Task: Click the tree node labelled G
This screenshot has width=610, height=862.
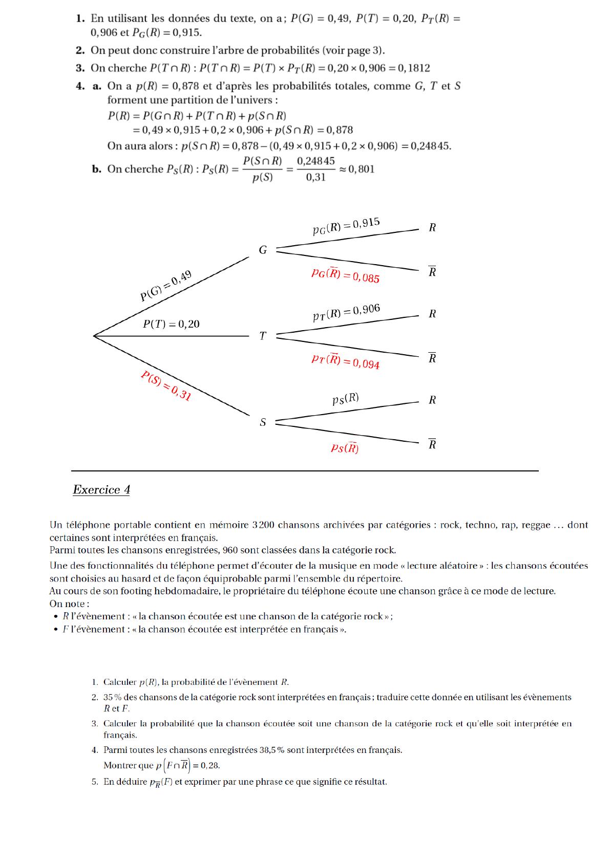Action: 263,250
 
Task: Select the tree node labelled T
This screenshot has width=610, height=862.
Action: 263,336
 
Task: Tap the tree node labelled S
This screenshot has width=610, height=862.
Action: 263,422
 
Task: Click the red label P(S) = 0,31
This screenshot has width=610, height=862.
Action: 166,385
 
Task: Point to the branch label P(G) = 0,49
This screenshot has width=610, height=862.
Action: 166,286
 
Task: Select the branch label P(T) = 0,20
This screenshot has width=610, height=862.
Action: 171,324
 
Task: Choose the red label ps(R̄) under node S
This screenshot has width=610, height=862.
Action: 345,448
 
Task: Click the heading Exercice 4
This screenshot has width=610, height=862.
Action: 101,490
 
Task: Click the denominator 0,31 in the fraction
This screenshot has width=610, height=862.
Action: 315,178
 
